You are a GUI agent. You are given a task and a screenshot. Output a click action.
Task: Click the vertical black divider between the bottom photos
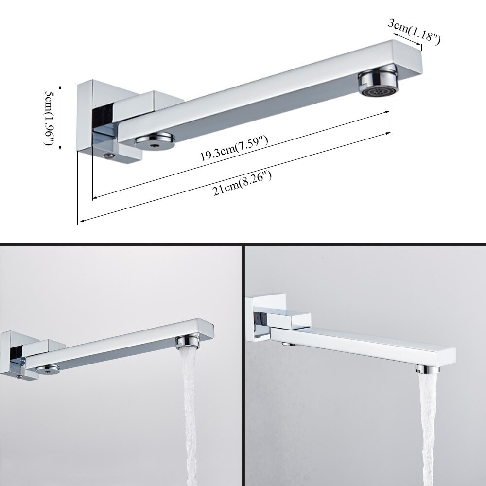pos(243,364)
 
